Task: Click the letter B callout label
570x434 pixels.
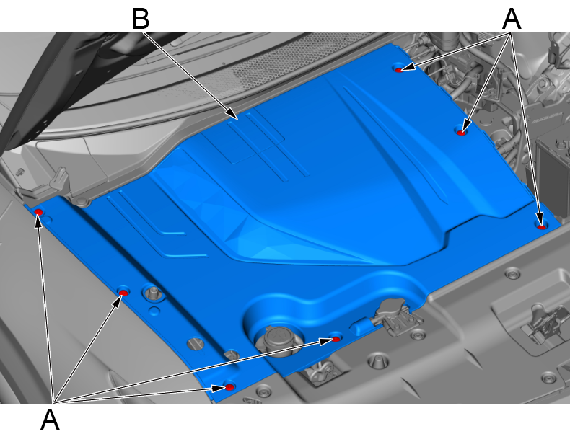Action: (x=141, y=19)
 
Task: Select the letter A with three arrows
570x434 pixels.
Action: (x=512, y=19)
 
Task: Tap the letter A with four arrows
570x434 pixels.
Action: (x=50, y=420)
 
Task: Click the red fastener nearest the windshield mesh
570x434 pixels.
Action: (x=399, y=69)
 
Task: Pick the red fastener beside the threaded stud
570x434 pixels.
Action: (x=123, y=293)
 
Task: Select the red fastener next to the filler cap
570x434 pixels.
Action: (x=336, y=339)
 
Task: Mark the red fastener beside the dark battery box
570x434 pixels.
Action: (x=542, y=227)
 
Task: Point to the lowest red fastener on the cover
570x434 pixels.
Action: (x=229, y=387)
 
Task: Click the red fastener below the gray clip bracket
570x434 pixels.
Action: (x=38, y=212)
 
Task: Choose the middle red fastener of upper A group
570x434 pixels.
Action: (x=461, y=133)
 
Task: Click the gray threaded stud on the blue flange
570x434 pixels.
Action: (x=152, y=292)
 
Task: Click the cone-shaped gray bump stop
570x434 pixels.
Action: (x=377, y=362)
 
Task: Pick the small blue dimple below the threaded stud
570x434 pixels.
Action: (x=154, y=311)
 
